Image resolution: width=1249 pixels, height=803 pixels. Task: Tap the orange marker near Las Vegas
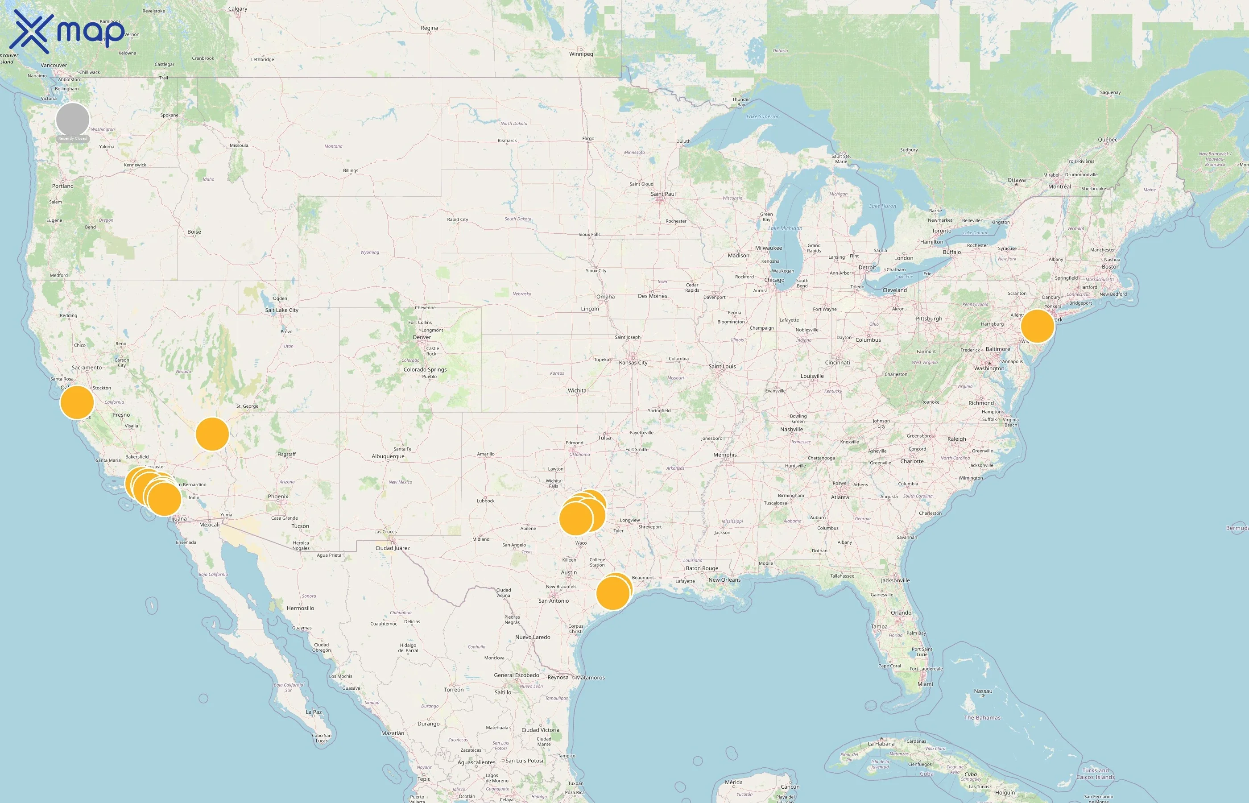tap(212, 434)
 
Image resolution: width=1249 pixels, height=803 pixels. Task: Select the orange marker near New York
tap(1038, 326)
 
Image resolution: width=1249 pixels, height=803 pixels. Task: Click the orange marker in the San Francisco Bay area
tap(77, 402)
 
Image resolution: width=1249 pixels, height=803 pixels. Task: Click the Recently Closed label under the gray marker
tap(72, 139)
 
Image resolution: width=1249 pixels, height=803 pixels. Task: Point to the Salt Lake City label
tap(281, 310)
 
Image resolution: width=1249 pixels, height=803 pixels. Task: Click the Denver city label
tap(422, 337)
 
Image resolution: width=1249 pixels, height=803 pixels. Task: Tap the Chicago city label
tap(774, 280)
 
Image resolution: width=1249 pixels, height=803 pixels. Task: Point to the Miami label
tap(925, 684)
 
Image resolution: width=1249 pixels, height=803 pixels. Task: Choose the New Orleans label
tap(724, 580)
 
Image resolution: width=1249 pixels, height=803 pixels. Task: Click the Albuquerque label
tap(388, 456)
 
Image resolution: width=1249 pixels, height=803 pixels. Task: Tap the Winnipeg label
tap(581, 54)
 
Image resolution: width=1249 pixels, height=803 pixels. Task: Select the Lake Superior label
tap(762, 117)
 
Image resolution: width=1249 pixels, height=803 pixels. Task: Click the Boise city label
tap(194, 232)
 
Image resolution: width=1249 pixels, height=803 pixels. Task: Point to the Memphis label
tap(724, 455)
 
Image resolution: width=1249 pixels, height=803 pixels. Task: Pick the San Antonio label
tap(554, 600)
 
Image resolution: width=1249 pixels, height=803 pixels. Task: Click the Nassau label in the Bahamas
tap(983, 691)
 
